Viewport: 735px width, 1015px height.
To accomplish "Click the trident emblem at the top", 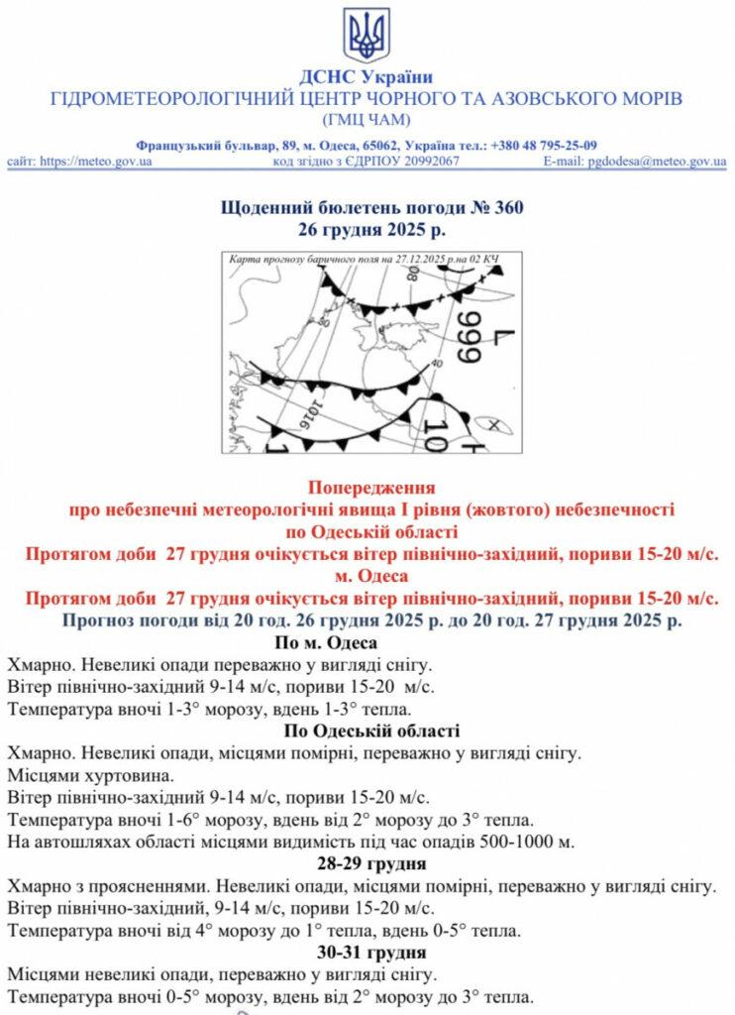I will click(x=367, y=35).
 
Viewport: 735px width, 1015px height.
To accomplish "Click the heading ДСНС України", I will click(x=367, y=77).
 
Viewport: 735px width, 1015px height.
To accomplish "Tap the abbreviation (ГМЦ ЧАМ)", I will click(x=367, y=120).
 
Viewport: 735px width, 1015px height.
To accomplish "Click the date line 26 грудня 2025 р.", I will click(x=367, y=229).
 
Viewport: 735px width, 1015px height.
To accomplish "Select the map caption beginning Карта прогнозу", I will click(x=362, y=260).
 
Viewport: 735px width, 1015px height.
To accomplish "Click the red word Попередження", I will click(x=367, y=489).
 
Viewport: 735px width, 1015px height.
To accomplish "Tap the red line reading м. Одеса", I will click(x=367, y=577).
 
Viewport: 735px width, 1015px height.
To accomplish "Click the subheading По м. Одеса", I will click(x=367, y=643).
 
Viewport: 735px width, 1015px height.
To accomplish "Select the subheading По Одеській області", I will click(x=367, y=732).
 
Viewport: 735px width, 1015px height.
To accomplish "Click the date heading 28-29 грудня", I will click(x=367, y=863).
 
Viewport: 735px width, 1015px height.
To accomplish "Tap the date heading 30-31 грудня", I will click(x=367, y=952).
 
